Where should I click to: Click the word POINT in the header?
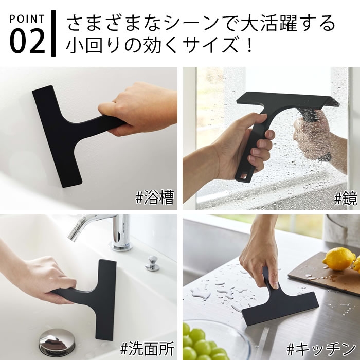pos(27,19)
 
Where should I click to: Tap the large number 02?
pos(27,41)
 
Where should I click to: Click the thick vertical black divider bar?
pos(53,33)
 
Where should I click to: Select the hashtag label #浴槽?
pos(154,197)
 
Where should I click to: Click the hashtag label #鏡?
pos(346,198)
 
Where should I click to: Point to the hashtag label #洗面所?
pos(147,348)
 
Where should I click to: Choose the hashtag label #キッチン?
pos(321,349)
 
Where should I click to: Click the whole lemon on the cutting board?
pos(339,259)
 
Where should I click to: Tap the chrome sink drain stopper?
pos(57,342)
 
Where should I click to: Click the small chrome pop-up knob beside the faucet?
pos(152,263)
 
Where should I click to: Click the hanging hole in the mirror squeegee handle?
pos(243,176)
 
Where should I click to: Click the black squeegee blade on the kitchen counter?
pos(280,308)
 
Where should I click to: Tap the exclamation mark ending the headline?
pos(250,45)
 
